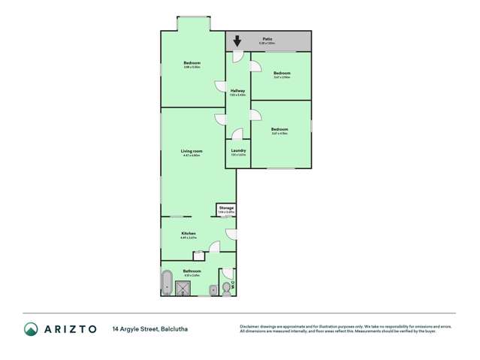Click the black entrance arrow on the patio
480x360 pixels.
pyautogui.click(x=237, y=41)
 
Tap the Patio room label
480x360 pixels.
pyautogui.click(x=267, y=38)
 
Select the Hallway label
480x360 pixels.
pyautogui.click(x=237, y=91)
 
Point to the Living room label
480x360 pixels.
pyautogui.click(x=192, y=151)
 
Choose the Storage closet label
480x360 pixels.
pyautogui.click(x=226, y=207)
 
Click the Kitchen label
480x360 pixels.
pyautogui.click(x=189, y=234)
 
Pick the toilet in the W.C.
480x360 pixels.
pyautogui.click(x=227, y=286)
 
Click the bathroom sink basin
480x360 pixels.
pyautogui.click(x=213, y=288)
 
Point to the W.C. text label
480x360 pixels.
pyautogui.click(x=233, y=285)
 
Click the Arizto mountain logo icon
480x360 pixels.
pyautogui.click(x=31, y=329)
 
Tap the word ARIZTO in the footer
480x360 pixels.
pyautogui.click(x=70, y=329)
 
